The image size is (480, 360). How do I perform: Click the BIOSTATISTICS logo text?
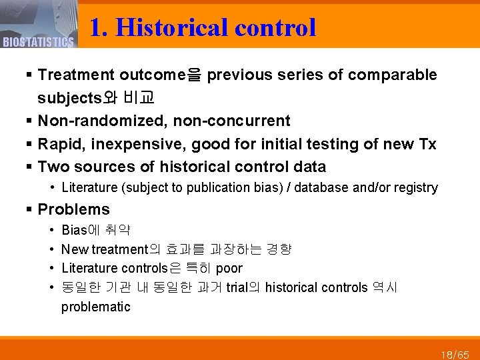37,43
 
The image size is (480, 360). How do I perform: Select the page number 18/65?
455,353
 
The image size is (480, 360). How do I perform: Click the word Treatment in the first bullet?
75,75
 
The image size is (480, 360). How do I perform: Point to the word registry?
416,188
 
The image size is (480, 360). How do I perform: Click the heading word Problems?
73,209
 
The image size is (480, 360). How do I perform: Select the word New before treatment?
75,250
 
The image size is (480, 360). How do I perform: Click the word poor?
229,269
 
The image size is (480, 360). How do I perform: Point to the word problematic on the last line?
95,307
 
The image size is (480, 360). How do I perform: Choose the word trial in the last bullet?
238,288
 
